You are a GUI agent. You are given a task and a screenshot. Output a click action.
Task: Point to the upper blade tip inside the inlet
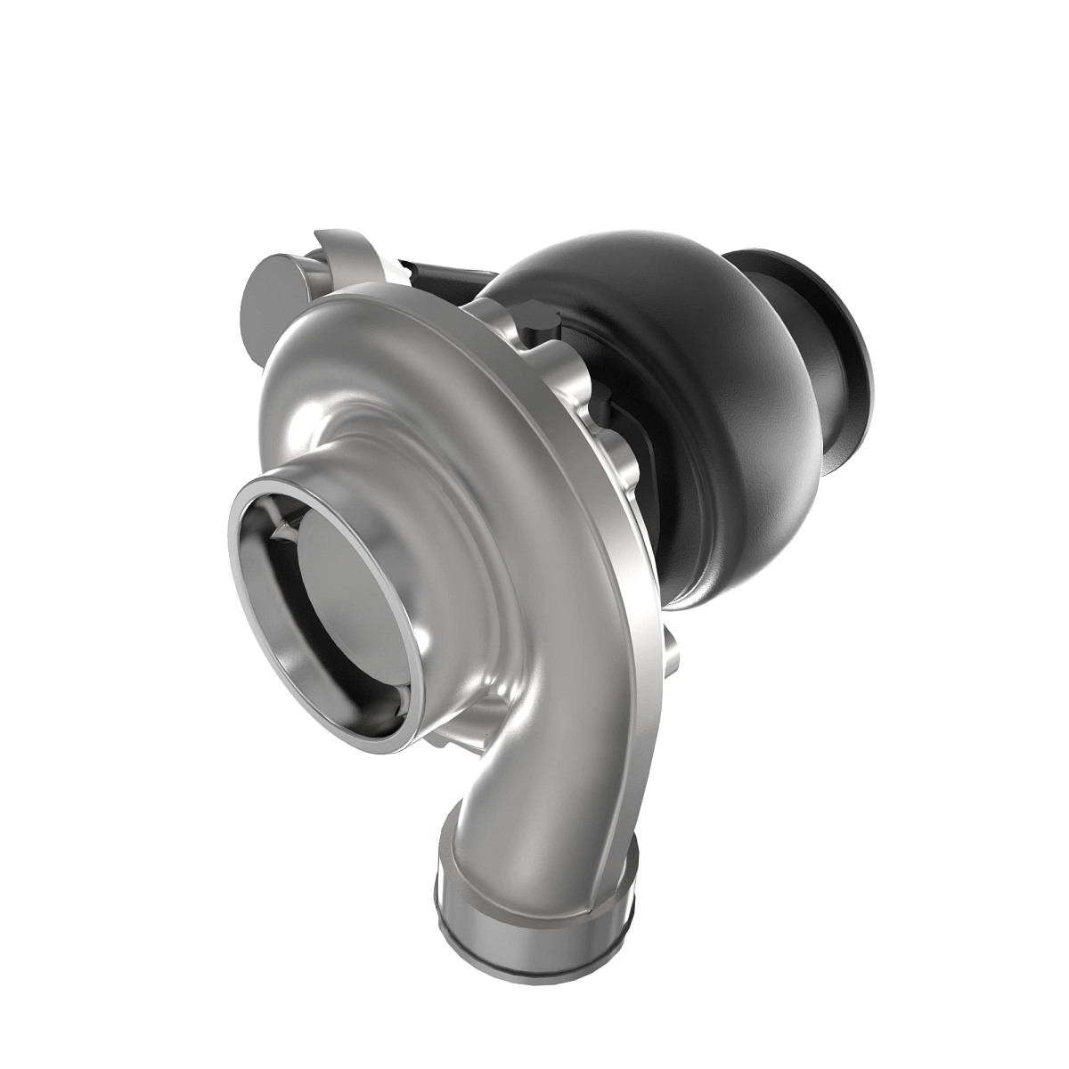[283, 531]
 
